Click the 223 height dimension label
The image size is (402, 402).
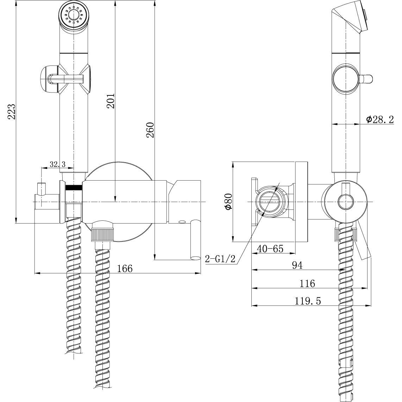(x=12, y=112)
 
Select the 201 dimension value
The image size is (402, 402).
(x=111, y=101)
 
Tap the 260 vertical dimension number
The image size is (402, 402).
(x=151, y=130)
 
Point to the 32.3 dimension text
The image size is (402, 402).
(x=57, y=164)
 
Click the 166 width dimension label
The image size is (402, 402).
(x=125, y=269)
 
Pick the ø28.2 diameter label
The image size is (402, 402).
(x=380, y=119)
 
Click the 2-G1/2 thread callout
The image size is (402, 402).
(x=220, y=259)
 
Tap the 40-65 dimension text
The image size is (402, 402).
(x=270, y=249)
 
